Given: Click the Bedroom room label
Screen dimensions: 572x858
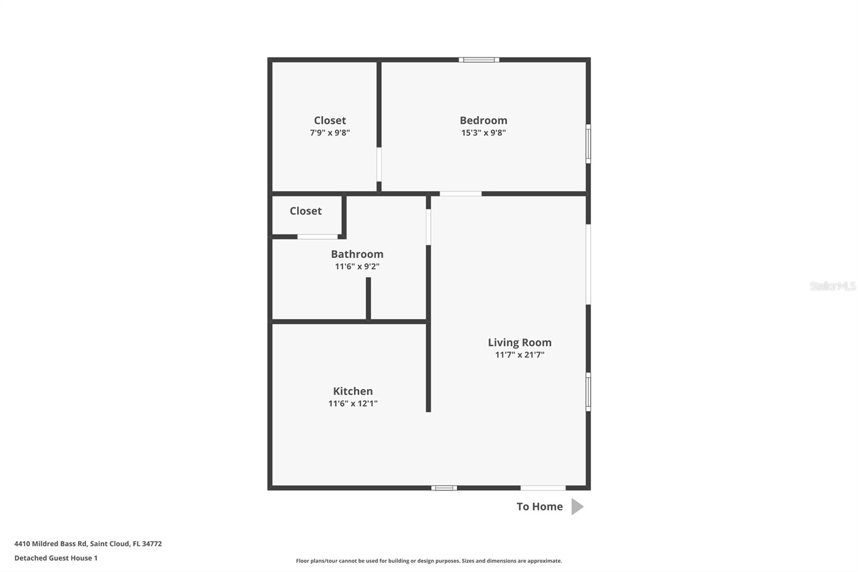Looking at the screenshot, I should coord(483,120).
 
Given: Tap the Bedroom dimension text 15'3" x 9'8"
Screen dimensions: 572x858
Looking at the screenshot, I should coord(483,133).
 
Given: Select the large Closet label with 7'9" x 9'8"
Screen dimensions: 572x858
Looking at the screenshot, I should coord(330,121).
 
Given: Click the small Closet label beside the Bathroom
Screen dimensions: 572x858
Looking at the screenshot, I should coord(306,211).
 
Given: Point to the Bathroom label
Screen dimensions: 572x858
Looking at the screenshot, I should coord(357,254).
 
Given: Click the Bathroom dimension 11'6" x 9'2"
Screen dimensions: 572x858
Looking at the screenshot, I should coord(357,266).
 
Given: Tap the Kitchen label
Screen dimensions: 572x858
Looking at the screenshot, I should coord(353,391).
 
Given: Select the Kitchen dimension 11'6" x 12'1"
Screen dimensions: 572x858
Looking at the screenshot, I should coord(353,404).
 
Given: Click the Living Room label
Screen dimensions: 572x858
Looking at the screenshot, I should coord(520,342).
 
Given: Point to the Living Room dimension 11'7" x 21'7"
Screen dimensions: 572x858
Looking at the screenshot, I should coord(520,355).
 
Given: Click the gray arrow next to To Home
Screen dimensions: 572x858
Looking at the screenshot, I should coord(577,507).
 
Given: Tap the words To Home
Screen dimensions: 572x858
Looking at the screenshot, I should coord(539,507).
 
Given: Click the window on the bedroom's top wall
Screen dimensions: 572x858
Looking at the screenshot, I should coord(479,60).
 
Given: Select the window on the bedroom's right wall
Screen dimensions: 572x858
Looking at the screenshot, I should coord(588,144).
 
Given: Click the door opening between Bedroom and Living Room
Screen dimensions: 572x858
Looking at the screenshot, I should coord(461,194).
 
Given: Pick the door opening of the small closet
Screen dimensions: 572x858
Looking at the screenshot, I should coord(317,237).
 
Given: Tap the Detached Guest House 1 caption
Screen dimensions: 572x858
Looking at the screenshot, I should coord(56,558).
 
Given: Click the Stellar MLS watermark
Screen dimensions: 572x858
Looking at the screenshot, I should coord(832,286).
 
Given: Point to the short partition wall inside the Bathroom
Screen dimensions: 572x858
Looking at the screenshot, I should coord(368,298).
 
